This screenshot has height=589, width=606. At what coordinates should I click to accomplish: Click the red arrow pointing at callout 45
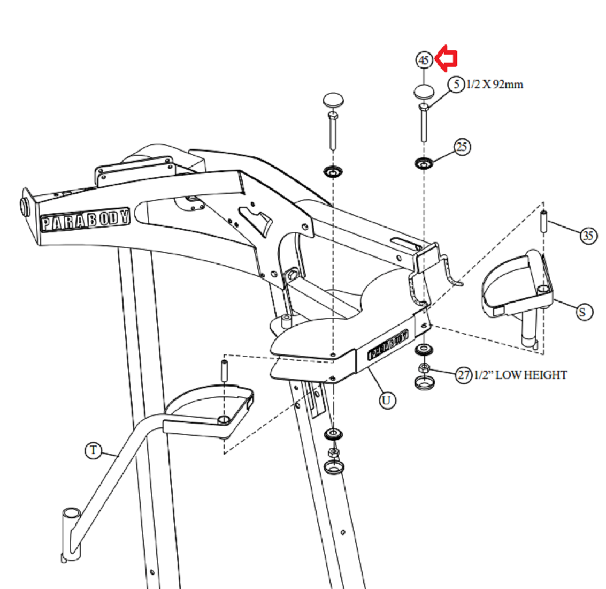pyautogui.click(x=446, y=59)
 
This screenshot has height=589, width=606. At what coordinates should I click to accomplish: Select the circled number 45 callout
pyautogui.click(x=424, y=59)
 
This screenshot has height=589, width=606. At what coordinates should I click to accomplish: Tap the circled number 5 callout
pyautogui.click(x=456, y=85)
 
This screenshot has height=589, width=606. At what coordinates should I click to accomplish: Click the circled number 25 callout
pyautogui.click(x=462, y=146)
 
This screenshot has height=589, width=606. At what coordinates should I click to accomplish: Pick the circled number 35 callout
pyautogui.click(x=588, y=235)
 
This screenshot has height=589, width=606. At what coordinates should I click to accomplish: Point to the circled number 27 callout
pyautogui.click(x=463, y=375)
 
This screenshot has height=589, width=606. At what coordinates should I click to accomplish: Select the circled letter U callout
pyautogui.click(x=387, y=400)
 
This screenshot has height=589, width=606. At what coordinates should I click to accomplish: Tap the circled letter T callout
pyautogui.click(x=94, y=450)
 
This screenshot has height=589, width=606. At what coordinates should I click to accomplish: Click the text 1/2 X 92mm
pyautogui.click(x=495, y=85)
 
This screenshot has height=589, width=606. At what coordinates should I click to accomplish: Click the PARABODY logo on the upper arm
pyautogui.click(x=86, y=220)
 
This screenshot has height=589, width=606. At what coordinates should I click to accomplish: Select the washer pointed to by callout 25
pyautogui.click(x=424, y=162)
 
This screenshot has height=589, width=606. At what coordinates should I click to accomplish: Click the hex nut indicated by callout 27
pyautogui.click(x=424, y=368)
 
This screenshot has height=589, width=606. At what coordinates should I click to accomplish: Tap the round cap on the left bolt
pyautogui.click(x=333, y=100)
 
